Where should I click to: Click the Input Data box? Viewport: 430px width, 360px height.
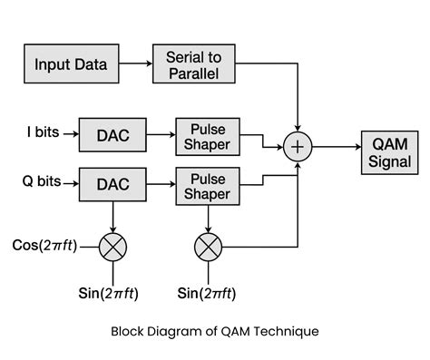(x=71, y=64)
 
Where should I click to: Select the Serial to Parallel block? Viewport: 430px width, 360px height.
(x=193, y=64)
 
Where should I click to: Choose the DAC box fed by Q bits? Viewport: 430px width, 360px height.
(x=113, y=183)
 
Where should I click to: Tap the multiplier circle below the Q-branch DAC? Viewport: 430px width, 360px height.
(x=113, y=246)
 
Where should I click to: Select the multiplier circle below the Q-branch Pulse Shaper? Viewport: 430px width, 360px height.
(x=208, y=246)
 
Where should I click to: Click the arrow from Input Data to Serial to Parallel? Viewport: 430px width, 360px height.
(x=136, y=64)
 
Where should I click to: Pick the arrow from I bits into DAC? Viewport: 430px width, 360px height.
(x=71, y=133)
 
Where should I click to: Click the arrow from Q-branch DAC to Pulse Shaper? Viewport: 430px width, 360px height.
(x=160, y=183)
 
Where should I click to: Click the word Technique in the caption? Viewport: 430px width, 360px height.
(x=287, y=331)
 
